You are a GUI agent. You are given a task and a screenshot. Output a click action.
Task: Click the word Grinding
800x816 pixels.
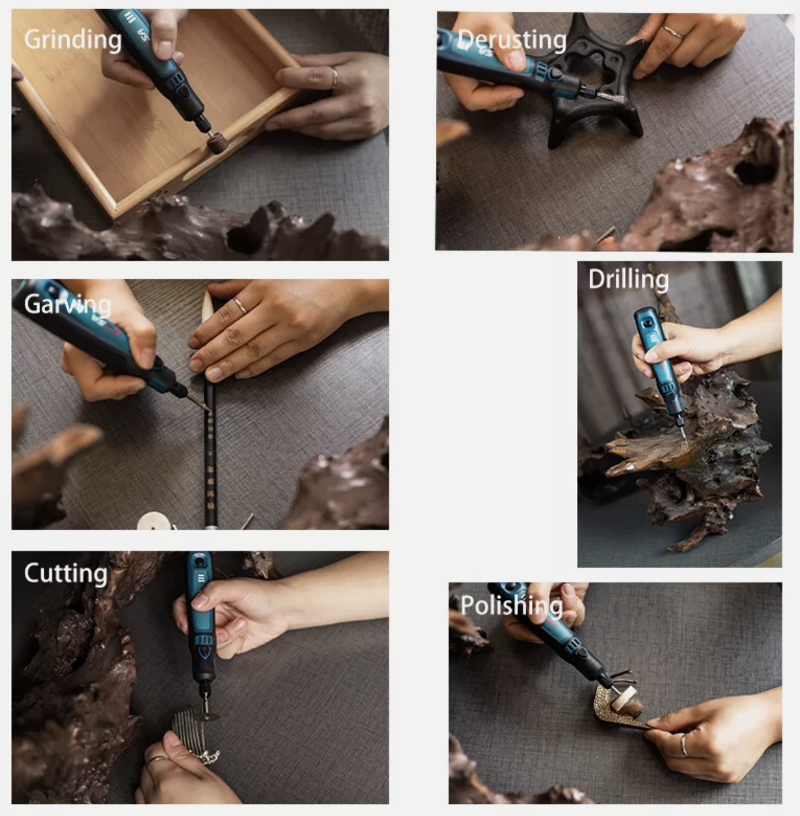tap(73, 40)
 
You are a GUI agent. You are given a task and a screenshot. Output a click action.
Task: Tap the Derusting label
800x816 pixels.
tap(512, 40)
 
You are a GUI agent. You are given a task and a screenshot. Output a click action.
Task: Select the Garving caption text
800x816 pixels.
tap(68, 305)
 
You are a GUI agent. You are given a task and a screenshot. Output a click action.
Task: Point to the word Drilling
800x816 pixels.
tap(629, 280)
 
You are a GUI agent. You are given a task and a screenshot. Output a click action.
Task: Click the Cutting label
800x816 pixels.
tap(66, 574)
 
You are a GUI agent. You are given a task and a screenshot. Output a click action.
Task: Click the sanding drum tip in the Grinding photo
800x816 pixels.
tap(216, 142)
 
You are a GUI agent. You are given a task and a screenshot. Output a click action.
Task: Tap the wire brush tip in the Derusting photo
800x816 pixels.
tap(610, 97)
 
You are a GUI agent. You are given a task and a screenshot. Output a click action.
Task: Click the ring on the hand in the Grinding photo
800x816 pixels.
tap(334, 78)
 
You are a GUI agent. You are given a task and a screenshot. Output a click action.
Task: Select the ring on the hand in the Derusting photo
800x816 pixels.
tap(673, 32)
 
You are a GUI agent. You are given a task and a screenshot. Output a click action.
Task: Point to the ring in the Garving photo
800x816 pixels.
tap(240, 305)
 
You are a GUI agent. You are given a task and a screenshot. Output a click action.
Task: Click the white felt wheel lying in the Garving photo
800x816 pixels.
tap(154, 522)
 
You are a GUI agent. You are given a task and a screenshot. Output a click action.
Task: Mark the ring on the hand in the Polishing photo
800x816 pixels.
tap(684, 745)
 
